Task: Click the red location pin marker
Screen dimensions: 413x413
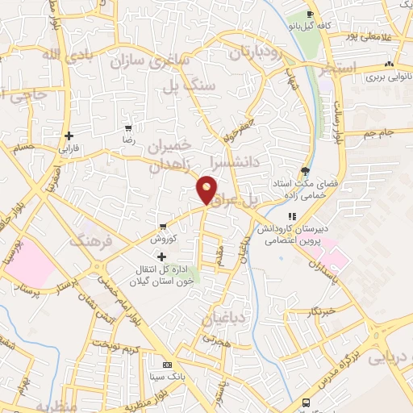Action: tap(207, 189)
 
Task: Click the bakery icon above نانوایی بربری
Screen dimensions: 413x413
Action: tap(390, 65)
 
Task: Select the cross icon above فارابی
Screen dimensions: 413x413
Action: tap(69, 136)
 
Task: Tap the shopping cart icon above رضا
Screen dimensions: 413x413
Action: tap(127, 128)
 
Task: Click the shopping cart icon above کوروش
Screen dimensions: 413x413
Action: tap(164, 226)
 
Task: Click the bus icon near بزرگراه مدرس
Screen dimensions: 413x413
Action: tap(305, 402)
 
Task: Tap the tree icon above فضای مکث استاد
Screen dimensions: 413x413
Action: tap(305, 170)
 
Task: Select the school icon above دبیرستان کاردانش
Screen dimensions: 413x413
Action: tap(291, 216)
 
